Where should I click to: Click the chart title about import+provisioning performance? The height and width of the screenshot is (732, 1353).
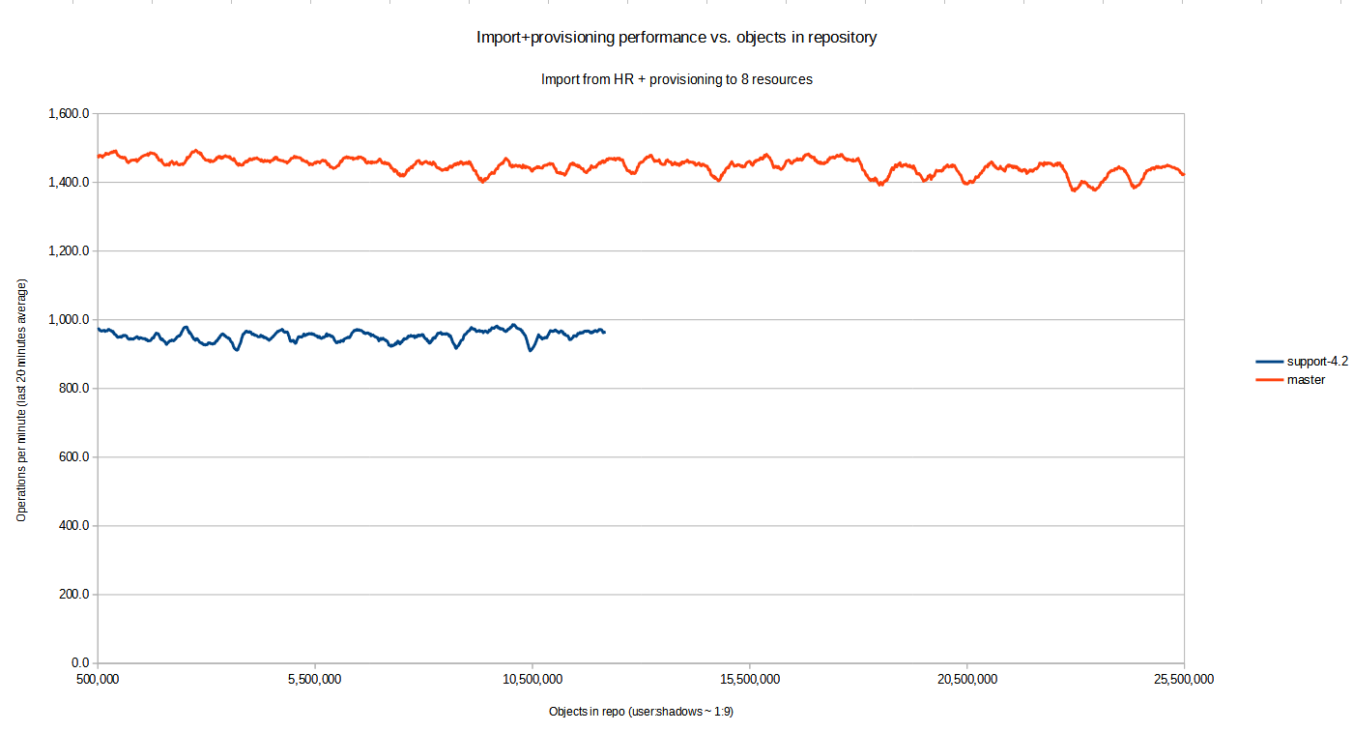coord(676,38)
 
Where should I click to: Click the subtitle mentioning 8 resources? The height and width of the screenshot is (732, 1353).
coord(676,79)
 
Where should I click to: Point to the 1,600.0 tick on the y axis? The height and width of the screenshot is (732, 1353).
coord(69,114)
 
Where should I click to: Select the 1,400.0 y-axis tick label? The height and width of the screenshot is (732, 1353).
coord(69,183)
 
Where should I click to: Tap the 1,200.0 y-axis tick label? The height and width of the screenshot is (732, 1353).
coord(69,251)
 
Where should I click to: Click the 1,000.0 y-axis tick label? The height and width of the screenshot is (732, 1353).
coord(69,320)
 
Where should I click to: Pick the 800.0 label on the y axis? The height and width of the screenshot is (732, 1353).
coord(72,389)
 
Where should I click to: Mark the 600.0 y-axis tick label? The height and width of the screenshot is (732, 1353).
coord(72,457)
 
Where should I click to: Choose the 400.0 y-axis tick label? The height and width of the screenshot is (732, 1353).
coord(72,526)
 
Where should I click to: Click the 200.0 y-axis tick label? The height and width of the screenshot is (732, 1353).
coord(72,595)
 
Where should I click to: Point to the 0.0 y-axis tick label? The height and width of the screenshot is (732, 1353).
coord(79,663)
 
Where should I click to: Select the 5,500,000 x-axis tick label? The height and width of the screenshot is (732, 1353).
coord(315,679)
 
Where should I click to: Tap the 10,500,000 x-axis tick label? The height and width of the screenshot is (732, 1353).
coord(533,679)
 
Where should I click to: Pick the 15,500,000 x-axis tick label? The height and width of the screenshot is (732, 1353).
coord(750,679)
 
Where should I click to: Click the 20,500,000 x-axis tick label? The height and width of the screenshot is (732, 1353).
coord(967,679)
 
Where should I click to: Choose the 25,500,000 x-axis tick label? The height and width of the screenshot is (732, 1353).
coord(1184,679)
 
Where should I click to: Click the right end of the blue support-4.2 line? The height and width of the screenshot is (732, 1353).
coord(604,332)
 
